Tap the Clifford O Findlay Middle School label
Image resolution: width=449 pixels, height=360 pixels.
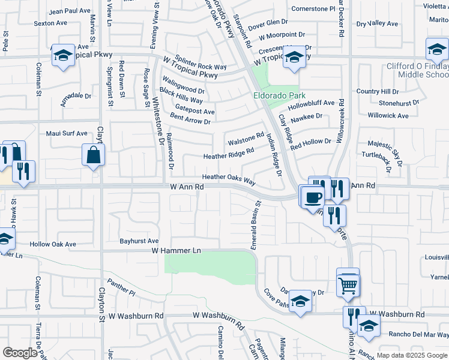pyautogui.click(x=423, y=70)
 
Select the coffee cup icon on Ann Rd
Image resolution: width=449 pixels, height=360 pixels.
pyautogui.click(x=312, y=197)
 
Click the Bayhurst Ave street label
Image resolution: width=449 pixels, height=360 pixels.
pyautogui.click(x=139, y=241)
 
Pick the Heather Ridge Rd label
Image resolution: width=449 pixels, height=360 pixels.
pyautogui.click(x=229, y=155)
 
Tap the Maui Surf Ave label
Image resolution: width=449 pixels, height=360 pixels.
pyautogui.click(x=67, y=133)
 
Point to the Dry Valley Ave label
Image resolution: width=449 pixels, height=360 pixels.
pyautogui.click(x=377, y=24)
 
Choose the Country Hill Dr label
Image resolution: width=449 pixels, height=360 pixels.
pyautogui.click(x=377, y=91)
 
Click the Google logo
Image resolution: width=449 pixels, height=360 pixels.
pyautogui.click(x=20, y=353)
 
